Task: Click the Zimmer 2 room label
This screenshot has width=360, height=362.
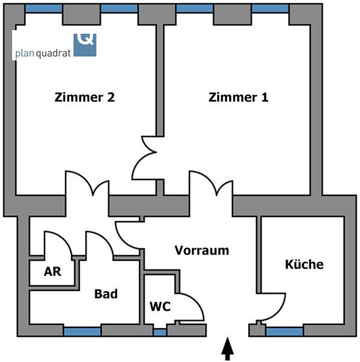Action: tap(85, 97)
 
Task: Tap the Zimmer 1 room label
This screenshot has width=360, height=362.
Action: tap(238, 97)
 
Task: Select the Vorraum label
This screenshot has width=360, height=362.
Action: tap(202, 250)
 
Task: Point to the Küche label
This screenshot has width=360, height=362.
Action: tap(304, 264)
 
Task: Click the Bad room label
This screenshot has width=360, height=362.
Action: tap(106, 294)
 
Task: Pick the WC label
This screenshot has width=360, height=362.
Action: tap(160, 306)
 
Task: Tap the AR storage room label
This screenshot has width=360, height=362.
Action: tap(53, 271)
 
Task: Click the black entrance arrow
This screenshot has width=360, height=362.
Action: tap(228, 349)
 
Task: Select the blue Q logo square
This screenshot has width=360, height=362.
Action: tap(85, 45)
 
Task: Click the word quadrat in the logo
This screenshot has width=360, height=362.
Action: tap(53, 54)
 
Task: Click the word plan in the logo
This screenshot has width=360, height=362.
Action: tap(25, 53)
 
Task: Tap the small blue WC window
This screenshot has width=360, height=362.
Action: tap(160, 332)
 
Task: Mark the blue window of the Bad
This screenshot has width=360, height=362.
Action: tap(82, 332)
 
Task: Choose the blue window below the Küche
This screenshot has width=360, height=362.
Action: tap(284, 332)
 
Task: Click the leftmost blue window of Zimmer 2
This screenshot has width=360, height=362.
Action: tap(43, 8)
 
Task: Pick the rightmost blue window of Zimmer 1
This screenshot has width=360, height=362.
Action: tap(270, 8)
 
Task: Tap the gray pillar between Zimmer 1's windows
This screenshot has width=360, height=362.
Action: tap(232, 14)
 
